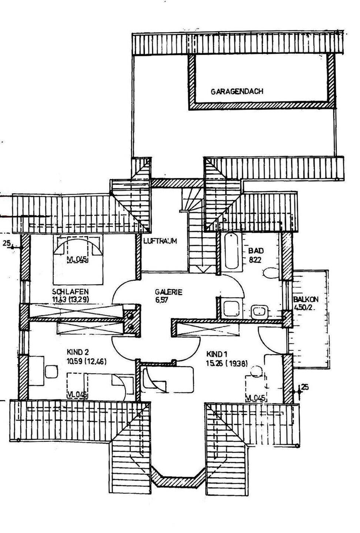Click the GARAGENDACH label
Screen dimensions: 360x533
[237, 91]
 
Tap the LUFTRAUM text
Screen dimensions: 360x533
[160, 241]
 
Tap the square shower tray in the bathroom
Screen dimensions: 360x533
[232, 308]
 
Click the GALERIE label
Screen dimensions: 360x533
[169, 292]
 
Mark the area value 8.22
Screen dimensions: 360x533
[255, 260]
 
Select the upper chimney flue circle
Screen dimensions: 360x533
[130, 316]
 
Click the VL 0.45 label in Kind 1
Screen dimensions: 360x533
[256, 398]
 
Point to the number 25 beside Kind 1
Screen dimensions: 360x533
[305, 387]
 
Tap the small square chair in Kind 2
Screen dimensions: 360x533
[50, 371]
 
